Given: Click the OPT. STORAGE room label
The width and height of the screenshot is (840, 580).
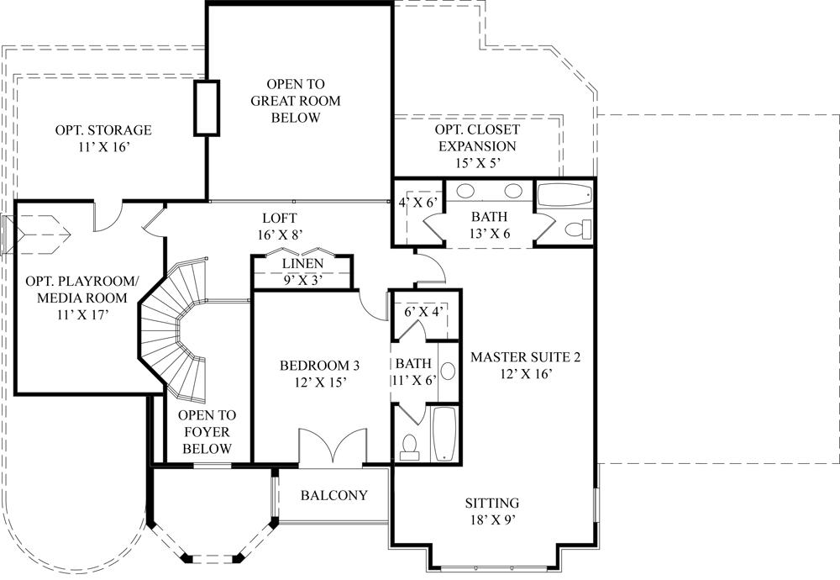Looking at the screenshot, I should [103, 138].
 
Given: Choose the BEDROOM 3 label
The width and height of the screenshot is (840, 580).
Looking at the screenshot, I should [319, 373].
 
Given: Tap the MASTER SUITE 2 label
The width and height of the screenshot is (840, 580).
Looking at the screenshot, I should [525, 365].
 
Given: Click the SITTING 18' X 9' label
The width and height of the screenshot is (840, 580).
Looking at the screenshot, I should [492, 511].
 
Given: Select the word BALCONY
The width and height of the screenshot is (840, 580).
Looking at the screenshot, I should [334, 495].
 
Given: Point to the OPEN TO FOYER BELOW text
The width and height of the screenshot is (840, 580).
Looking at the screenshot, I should [206, 431].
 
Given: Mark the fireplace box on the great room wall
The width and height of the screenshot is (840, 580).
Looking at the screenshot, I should [207, 108].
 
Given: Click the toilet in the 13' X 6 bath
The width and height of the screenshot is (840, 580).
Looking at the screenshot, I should [578, 229].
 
